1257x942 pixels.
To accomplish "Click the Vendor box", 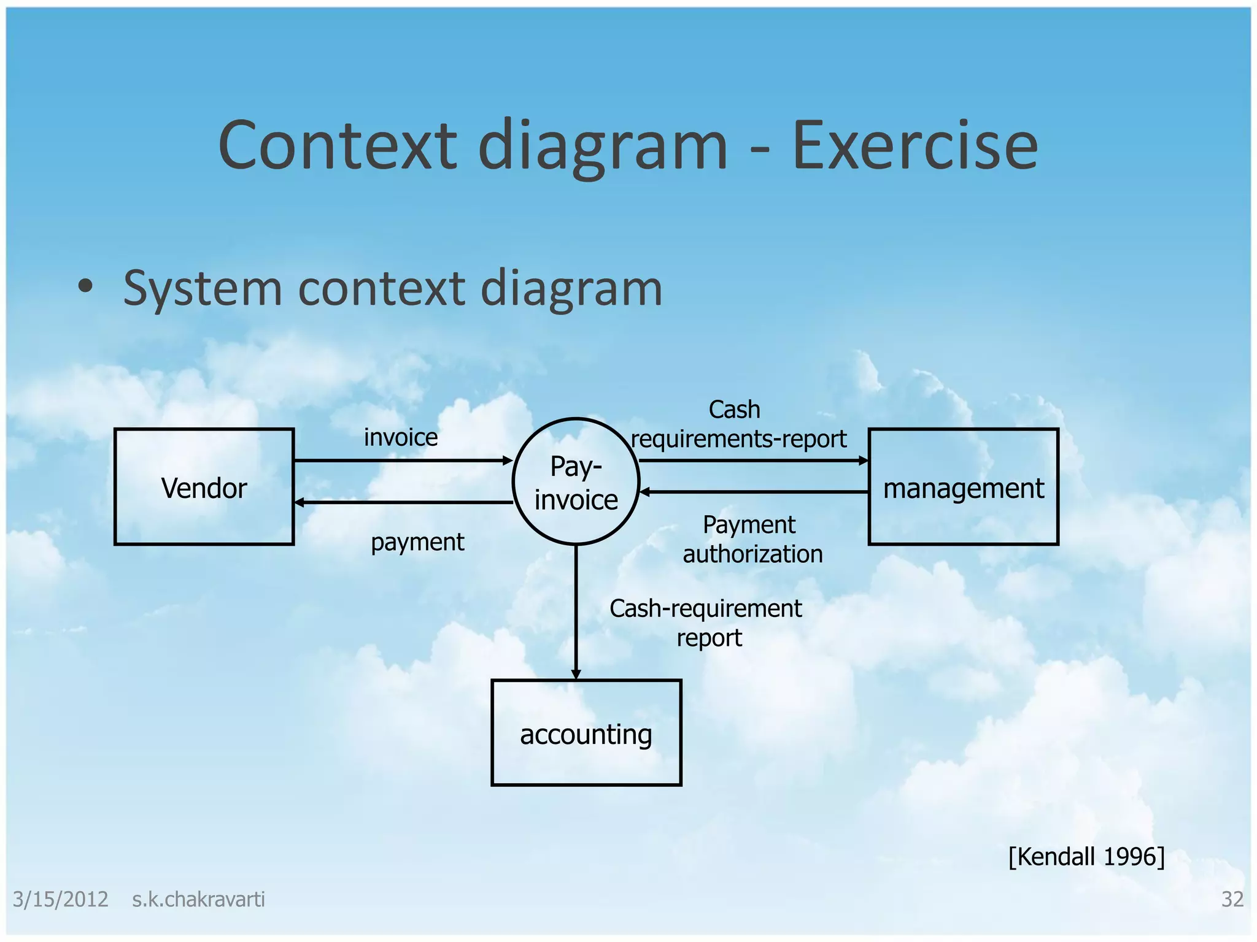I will point(204,486).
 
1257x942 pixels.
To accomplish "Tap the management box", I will point(963,486).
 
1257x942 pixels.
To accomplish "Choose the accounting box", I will point(586,733).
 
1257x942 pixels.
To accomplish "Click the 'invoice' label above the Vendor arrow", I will point(401,438).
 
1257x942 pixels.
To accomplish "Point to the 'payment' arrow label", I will point(417,542).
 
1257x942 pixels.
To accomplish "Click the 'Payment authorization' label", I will point(752,540).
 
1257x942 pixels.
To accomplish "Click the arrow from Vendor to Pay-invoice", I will point(402,461).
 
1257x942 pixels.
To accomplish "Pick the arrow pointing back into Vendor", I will point(402,502).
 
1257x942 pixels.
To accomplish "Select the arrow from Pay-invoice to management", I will point(753,461).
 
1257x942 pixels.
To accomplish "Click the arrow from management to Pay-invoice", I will point(753,492).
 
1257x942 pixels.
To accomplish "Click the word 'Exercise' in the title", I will point(915,146).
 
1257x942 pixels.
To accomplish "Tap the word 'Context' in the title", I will point(338,146).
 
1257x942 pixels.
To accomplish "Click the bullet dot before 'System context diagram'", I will point(85,286).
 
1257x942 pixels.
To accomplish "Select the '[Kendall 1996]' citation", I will point(1086,857).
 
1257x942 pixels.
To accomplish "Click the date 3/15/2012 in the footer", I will point(60,900).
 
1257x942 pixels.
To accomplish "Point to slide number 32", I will point(1232,900).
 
